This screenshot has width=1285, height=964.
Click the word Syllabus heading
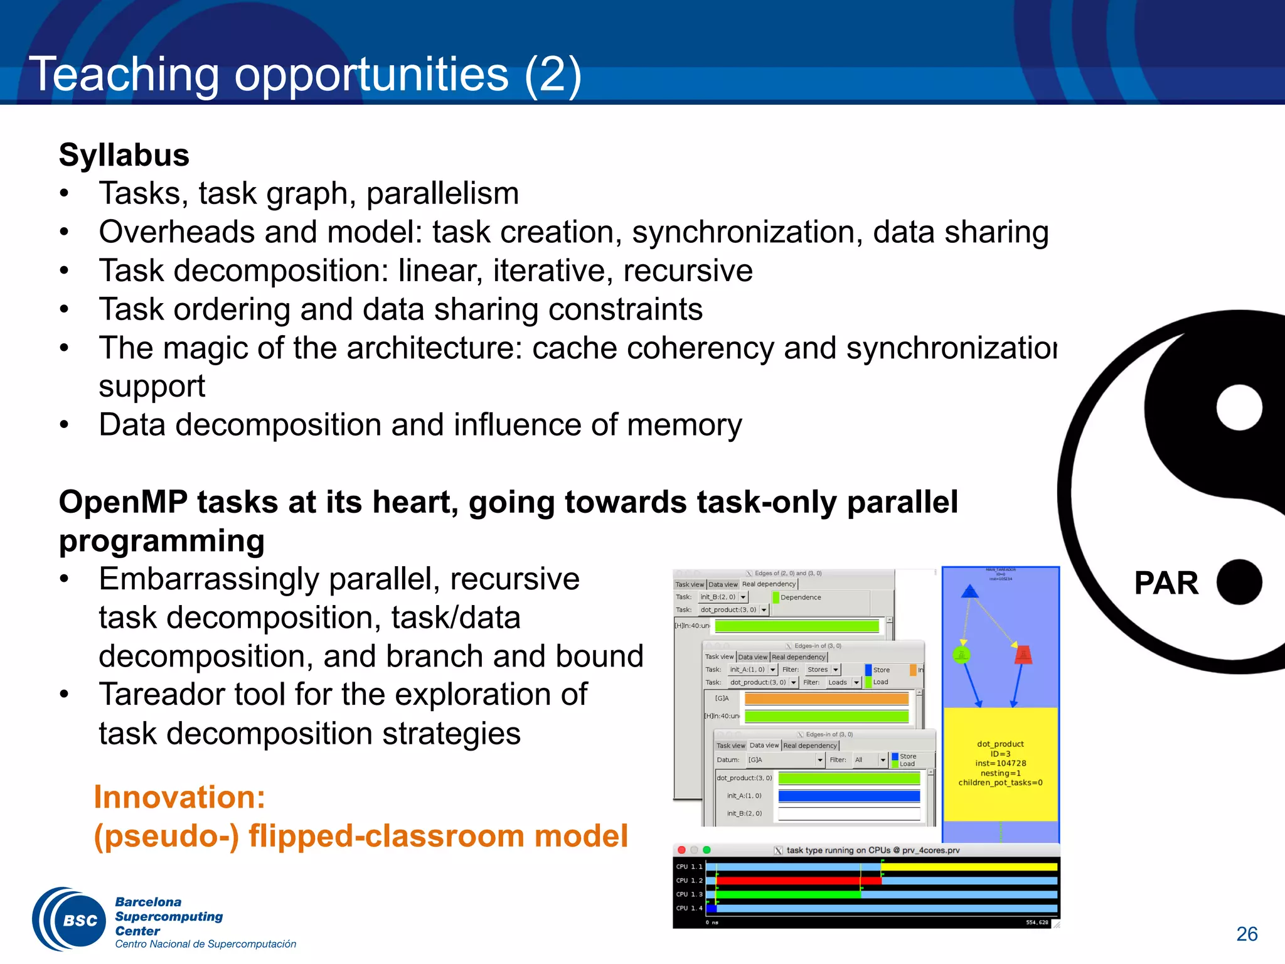coord(124,155)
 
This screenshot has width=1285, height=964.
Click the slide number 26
coord(1246,934)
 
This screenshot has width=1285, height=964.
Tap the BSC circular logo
coord(69,919)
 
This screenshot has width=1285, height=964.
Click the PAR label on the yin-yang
coord(1166,583)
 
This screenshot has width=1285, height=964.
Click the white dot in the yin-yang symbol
coord(1239,408)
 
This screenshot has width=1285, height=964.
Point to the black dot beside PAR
coord(1239,582)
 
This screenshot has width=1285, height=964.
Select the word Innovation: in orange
coord(179,797)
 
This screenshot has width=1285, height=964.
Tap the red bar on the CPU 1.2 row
coord(797,881)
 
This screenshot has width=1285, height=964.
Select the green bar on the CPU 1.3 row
coord(787,894)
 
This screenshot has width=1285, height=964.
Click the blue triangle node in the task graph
coord(969,591)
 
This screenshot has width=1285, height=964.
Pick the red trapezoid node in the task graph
coord(1023,654)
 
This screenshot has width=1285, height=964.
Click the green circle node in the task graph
coord(961,655)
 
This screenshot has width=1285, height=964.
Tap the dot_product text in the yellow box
coord(1000,744)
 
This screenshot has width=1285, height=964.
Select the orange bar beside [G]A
coord(826,699)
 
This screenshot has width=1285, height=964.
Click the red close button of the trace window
coord(681,850)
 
